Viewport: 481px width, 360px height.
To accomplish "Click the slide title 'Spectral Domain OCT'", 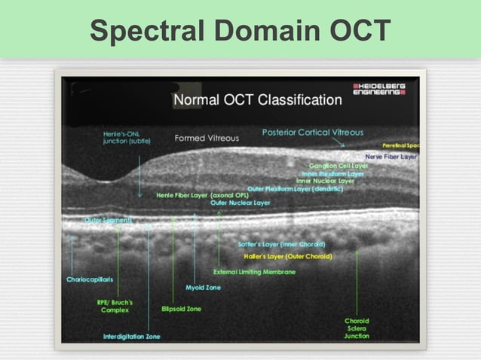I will (240, 30).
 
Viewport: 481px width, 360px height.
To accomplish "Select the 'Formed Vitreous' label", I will (207, 138).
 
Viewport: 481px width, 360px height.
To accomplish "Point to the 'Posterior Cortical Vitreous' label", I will (302, 133).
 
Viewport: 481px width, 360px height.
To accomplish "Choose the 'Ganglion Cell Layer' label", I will (338, 165).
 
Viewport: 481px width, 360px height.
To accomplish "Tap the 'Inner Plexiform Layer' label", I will (332, 173).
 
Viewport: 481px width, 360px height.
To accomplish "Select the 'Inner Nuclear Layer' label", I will (325, 181).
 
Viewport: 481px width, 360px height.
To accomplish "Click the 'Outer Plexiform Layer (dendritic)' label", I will (295, 188).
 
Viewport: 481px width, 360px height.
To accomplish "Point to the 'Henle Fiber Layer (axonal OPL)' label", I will (202, 195).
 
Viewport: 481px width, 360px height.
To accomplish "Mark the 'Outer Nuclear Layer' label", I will (240, 203).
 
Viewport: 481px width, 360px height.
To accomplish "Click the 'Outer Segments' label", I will (108, 220).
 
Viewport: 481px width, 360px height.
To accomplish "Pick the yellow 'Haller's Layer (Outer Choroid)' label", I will (290, 256).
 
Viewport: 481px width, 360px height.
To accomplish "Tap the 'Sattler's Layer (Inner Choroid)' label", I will (281, 245).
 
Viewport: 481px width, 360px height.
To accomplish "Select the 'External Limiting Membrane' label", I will (254, 271).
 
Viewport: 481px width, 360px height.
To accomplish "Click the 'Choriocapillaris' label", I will (90, 279).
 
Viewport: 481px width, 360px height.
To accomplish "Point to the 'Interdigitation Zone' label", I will (131, 336).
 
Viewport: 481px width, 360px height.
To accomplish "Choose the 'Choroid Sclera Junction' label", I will (357, 328).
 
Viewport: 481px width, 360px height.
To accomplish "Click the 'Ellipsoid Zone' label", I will (181, 309).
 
